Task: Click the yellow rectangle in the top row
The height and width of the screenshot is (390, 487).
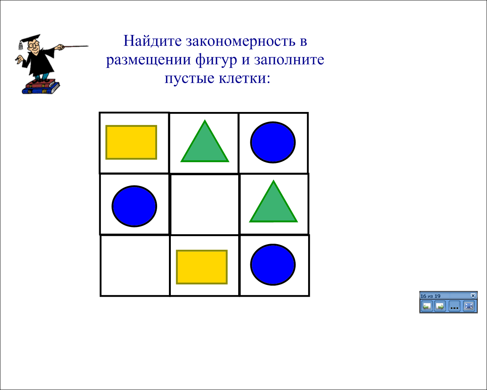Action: point(131,142)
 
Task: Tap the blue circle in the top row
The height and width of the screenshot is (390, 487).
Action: point(273,142)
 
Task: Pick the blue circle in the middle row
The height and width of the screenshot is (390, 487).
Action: point(134,206)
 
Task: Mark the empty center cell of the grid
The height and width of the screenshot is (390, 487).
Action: point(205,205)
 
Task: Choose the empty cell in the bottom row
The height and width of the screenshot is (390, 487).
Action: point(135,266)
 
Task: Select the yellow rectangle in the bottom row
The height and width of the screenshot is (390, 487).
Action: point(202,267)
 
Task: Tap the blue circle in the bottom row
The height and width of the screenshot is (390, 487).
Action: point(273,265)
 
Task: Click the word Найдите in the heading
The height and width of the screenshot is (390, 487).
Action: point(153,41)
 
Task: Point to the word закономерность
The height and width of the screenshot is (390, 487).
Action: point(241,42)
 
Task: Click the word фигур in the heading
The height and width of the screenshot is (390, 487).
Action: point(216,60)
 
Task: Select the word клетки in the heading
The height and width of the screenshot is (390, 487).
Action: point(244,78)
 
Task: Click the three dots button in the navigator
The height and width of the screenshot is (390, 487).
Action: point(454,307)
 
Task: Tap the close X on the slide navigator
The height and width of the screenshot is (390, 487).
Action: point(473,296)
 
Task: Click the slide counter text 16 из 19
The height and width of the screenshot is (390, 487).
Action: point(430,296)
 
